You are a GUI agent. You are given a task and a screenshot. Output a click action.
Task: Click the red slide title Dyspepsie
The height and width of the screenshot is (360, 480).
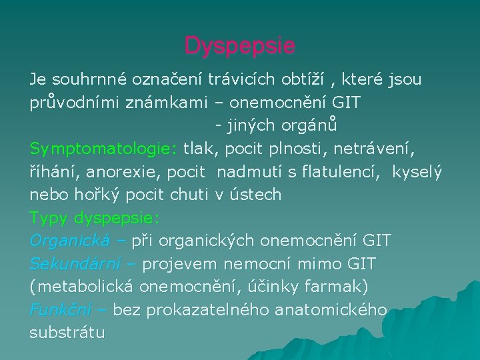pos(240,46)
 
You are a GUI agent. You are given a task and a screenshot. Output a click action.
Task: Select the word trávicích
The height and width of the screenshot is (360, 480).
pos(241,80)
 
